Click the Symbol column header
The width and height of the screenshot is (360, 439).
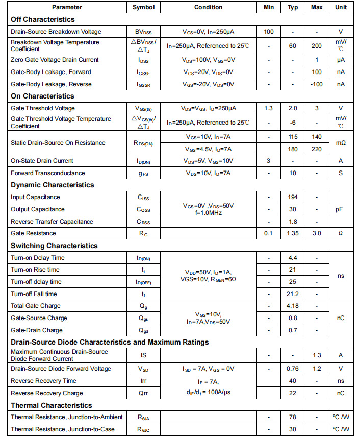[143, 7]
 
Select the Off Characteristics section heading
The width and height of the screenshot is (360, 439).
[43, 19]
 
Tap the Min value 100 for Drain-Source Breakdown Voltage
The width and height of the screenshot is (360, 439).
[269, 32]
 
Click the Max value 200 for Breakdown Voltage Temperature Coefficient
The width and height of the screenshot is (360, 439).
[316, 46]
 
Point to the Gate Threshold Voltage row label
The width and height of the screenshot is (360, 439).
[43, 108]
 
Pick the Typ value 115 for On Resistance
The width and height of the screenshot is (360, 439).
[293, 137]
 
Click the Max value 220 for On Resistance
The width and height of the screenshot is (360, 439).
[316, 149]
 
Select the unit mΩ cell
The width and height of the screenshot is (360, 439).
[341, 143]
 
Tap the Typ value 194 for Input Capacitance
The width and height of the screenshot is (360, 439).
[293, 197]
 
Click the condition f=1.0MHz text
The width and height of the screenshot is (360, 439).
[208, 213]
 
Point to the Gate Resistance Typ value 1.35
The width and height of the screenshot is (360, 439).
[293, 233]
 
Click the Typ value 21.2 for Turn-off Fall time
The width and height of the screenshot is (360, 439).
[293, 294]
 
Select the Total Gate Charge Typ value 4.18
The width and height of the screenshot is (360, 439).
[293, 306]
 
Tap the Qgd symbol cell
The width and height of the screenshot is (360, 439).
[143, 330]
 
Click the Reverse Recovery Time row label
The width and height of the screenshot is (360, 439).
[43, 381]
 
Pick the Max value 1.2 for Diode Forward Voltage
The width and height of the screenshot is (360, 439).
[316, 369]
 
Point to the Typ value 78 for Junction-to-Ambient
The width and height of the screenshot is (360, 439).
[293, 417]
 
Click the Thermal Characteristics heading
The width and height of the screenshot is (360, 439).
[52, 405]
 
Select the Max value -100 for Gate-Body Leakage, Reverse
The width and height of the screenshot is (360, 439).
[316, 84]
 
